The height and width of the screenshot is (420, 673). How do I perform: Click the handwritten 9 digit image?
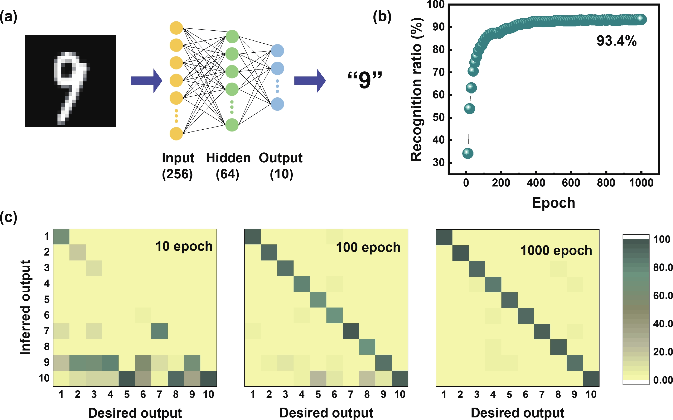(71, 81)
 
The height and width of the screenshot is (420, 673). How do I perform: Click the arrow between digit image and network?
(146, 81)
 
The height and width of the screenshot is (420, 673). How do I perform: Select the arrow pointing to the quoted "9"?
(310, 81)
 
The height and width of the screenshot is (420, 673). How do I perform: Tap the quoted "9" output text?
(365, 80)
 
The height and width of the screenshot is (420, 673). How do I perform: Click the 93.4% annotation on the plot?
(616, 41)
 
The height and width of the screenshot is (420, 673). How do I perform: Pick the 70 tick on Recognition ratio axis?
(438, 72)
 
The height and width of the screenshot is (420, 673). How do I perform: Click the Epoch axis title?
(553, 203)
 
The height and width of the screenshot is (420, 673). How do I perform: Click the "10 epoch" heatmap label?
(184, 246)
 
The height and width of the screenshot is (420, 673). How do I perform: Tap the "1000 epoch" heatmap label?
(556, 251)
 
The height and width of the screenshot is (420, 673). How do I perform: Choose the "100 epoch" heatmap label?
(368, 247)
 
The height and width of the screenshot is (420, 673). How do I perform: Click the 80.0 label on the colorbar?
(663, 267)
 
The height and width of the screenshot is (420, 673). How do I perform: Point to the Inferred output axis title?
(25, 307)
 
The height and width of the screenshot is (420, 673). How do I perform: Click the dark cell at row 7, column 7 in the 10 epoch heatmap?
(159, 331)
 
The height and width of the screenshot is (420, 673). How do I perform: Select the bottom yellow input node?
(176, 134)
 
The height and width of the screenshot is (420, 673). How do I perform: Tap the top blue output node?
(277, 51)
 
